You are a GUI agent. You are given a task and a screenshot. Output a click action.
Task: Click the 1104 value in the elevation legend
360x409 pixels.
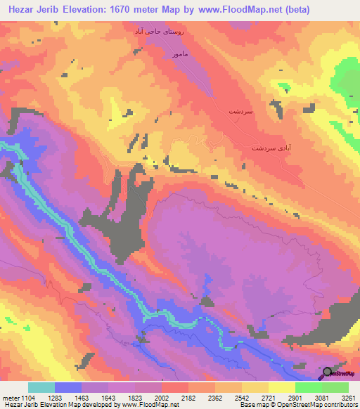pyautogui.click(x=27, y=398)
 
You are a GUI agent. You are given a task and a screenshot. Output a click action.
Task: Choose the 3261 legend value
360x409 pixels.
pyautogui.click(x=346, y=398)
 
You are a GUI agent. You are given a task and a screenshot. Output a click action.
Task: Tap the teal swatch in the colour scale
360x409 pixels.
pyautogui.click(x=41, y=387)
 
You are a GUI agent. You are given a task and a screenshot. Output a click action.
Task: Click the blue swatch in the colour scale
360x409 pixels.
pyautogui.click(x=68, y=387)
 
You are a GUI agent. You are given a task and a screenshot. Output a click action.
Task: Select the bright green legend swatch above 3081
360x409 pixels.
pyautogui.click(x=309, y=387)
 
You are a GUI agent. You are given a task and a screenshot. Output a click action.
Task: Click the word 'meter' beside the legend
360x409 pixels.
pyautogui.click(x=11, y=398)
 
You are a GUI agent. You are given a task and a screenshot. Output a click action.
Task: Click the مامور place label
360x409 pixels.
pyautogui.click(x=174, y=53)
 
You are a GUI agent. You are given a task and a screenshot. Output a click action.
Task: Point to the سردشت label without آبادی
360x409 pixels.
pyautogui.click(x=240, y=112)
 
